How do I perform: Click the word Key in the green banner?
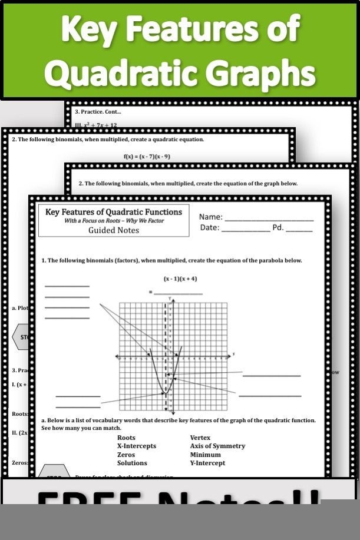click(x=90, y=29)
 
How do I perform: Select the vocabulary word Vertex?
click(x=200, y=438)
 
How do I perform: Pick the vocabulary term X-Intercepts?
click(x=136, y=446)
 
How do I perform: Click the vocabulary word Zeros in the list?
click(x=126, y=455)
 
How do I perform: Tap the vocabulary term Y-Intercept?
click(x=207, y=463)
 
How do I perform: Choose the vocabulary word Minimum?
click(x=205, y=455)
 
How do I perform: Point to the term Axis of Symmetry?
click(x=217, y=446)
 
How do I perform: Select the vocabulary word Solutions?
click(x=132, y=463)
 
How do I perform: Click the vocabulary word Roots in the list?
click(x=126, y=438)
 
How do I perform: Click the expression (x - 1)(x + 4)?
click(x=180, y=279)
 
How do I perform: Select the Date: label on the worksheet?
click(x=209, y=228)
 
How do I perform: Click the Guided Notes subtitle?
click(x=114, y=230)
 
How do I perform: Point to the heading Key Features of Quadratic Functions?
click(x=114, y=212)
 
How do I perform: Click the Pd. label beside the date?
click(x=278, y=228)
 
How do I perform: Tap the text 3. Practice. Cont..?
click(x=98, y=111)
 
